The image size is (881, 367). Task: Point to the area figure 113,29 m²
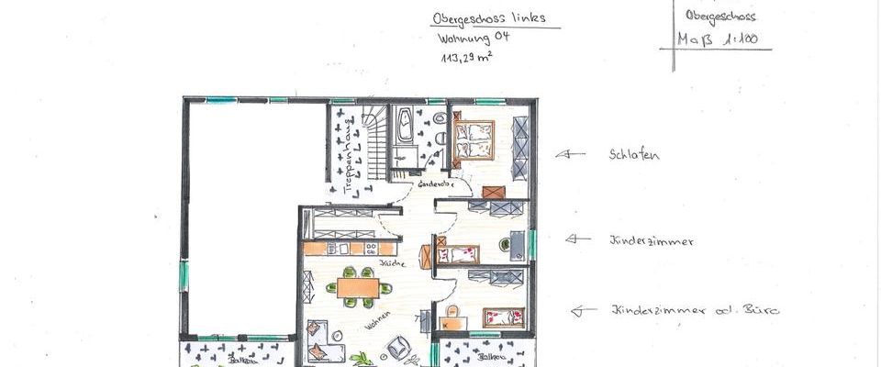[466, 57]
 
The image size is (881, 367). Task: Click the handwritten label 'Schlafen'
[634, 155]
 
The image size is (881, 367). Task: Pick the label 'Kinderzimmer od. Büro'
[694, 310]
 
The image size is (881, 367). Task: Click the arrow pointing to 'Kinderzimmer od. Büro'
[583, 311]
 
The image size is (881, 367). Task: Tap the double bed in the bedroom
[474, 139]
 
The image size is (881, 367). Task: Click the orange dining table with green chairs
[357, 287]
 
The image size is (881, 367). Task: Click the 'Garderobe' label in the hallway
[435, 184]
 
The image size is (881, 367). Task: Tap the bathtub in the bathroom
[404, 127]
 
